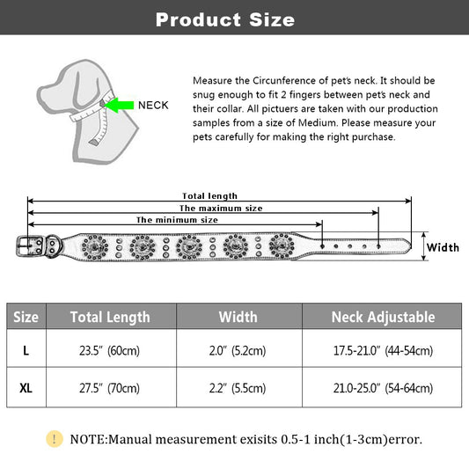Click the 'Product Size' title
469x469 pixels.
225,19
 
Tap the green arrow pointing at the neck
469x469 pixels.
119,105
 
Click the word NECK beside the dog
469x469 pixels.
153,106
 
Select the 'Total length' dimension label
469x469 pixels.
209,196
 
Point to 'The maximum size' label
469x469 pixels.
221,209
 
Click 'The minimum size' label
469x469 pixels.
177,220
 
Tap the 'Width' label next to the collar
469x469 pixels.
443,247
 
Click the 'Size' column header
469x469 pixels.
26,317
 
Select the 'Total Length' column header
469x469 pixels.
110,317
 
